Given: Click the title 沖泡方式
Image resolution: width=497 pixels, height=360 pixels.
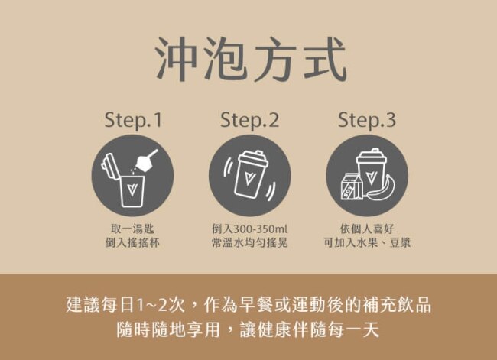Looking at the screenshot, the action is pos(251,60).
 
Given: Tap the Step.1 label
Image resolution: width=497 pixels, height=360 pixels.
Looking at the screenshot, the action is pos(133,121).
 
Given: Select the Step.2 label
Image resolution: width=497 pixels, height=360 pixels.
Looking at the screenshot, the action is pos(249,121).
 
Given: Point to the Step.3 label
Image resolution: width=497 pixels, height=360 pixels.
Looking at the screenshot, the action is pos(367,121).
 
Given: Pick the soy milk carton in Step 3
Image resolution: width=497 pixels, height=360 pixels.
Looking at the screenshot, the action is pos(351,186).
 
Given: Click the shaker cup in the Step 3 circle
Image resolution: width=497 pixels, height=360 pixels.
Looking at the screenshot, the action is pos(371,172).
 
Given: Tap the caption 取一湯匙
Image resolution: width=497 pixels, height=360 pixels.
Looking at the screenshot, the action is pos(132,229).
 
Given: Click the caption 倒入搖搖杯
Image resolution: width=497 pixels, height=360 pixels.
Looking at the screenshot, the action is pos(132,243).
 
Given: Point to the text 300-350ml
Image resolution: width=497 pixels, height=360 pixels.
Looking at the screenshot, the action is pos(260,229).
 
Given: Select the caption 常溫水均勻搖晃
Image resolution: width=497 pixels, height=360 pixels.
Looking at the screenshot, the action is pos(249,243).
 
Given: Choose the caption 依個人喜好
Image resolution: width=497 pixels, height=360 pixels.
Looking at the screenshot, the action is pos(367,229).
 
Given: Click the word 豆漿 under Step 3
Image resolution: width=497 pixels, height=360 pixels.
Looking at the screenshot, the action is pos(400,243).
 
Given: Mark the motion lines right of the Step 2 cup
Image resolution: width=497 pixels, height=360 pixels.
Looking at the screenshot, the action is pos(270,191).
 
